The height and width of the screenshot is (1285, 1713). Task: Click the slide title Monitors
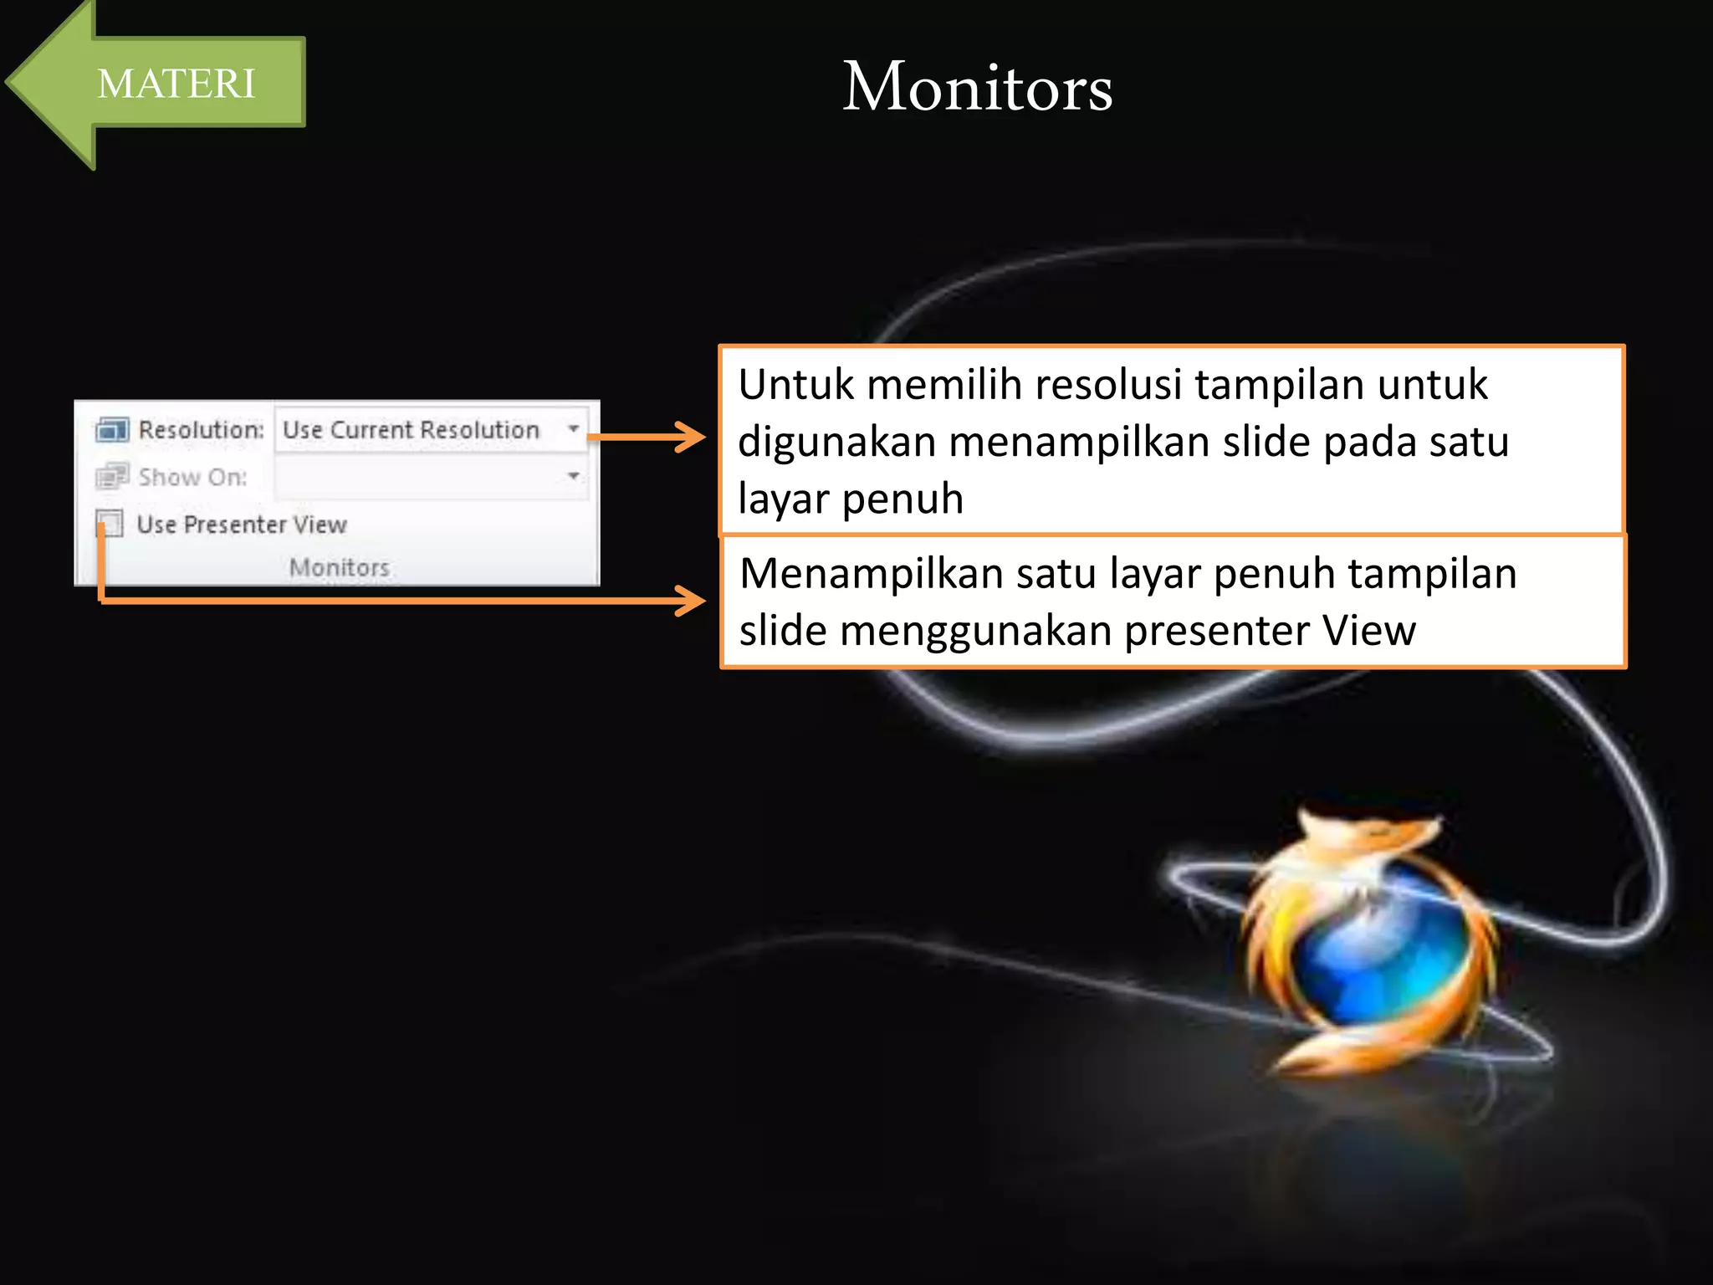pyautogui.click(x=977, y=87)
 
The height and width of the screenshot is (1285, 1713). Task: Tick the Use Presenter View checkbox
pyautogui.click(x=110, y=524)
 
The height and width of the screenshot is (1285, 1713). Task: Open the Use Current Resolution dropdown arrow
pyautogui.click(x=574, y=429)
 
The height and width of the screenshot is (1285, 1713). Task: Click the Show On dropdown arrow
pyautogui.click(x=574, y=476)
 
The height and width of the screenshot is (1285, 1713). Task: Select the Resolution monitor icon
pyautogui.click(x=112, y=430)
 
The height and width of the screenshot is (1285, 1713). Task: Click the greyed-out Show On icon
pyautogui.click(x=112, y=476)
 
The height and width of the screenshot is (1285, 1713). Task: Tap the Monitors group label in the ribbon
pyautogui.click(x=339, y=567)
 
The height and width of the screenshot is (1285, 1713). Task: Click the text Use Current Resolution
pyautogui.click(x=411, y=430)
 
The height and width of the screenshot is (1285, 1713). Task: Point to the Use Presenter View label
pyautogui.click(x=242, y=525)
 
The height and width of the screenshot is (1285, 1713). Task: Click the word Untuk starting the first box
pyautogui.click(x=795, y=386)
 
